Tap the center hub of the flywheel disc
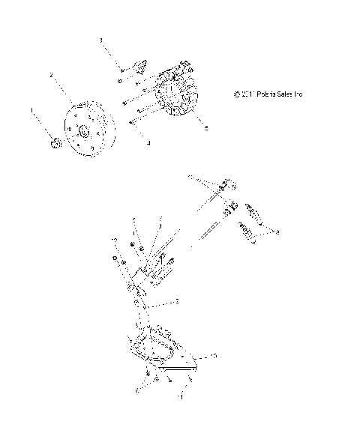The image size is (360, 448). click(x=83, y=132)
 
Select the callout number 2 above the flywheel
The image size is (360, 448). click(x=51, y=76)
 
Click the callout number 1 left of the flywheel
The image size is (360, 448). click(x=31, y=110)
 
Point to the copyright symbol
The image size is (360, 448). click(x=237, y=94)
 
